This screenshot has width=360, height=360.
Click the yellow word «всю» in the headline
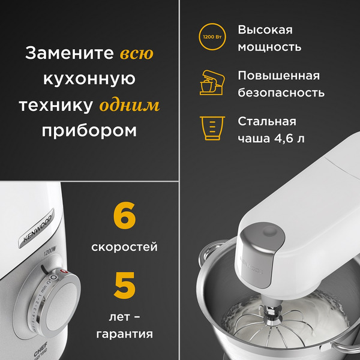(x=137, y=53)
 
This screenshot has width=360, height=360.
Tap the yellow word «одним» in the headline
(x=130, y=106)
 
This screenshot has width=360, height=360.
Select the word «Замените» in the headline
(x=69, y=53)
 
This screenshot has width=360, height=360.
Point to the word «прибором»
(x=89, y=131)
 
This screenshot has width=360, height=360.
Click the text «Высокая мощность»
(x=269, y=38)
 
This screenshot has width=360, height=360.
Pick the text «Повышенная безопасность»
(x=281, y=84)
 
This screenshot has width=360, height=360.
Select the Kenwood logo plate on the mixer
(x=37, y=229)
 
